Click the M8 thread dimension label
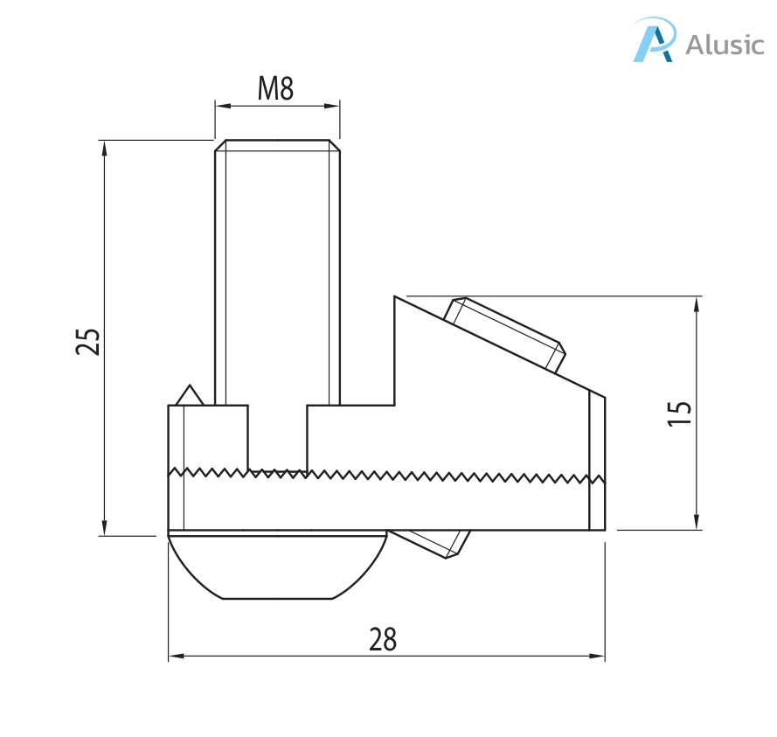[x=275, y=88]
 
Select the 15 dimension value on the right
[x=679, y=413]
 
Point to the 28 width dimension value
[x=383, y=639]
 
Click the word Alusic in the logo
[x=725, y=45]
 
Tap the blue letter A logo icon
[x=654, y=39]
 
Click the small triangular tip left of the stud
[x=190, y=395]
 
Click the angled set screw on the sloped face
[x=505, y=335]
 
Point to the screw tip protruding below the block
[x=429, y=544]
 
